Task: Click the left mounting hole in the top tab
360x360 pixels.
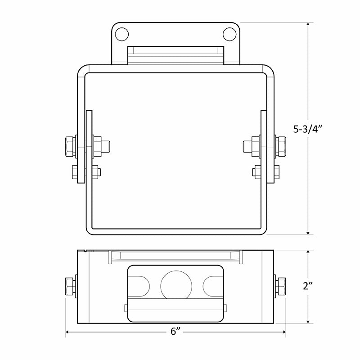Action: (121, 33)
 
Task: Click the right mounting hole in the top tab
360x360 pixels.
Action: (229, 33)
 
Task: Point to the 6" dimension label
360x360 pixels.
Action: (175, 332)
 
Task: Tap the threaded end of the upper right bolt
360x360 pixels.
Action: (247, 146)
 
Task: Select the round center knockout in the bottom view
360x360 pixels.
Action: (176, 285)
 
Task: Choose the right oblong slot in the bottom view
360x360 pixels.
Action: (211, 286)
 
